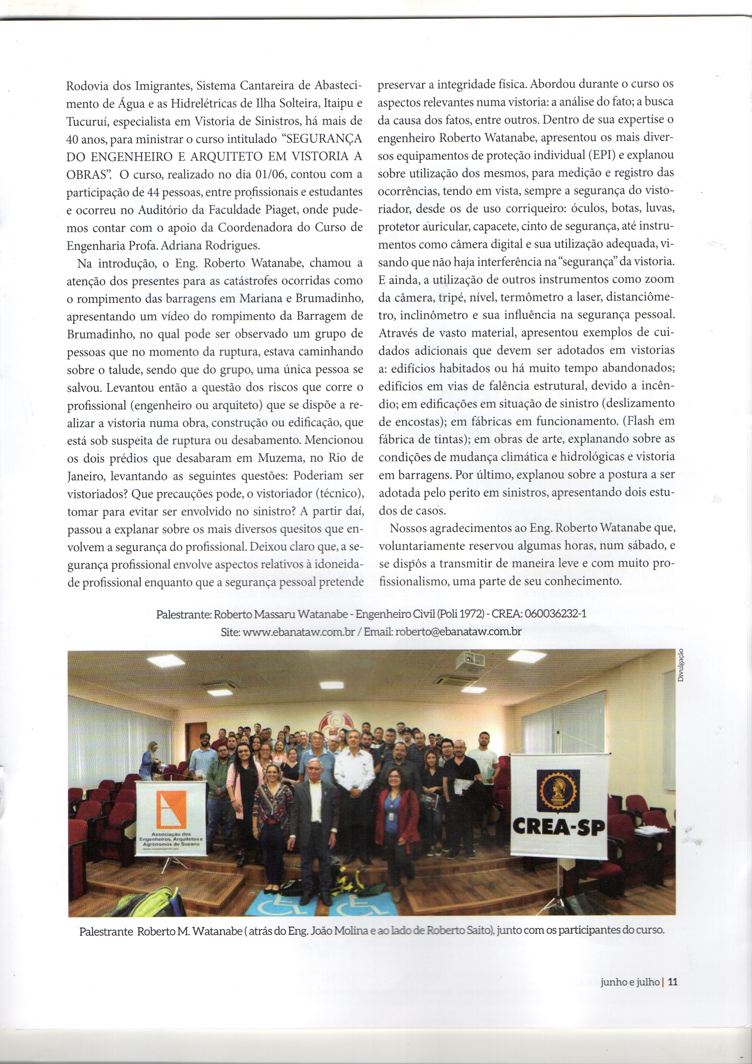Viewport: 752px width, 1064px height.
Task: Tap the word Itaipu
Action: pos(337,104)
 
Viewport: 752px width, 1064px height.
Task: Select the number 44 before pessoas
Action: pos(153,192)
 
